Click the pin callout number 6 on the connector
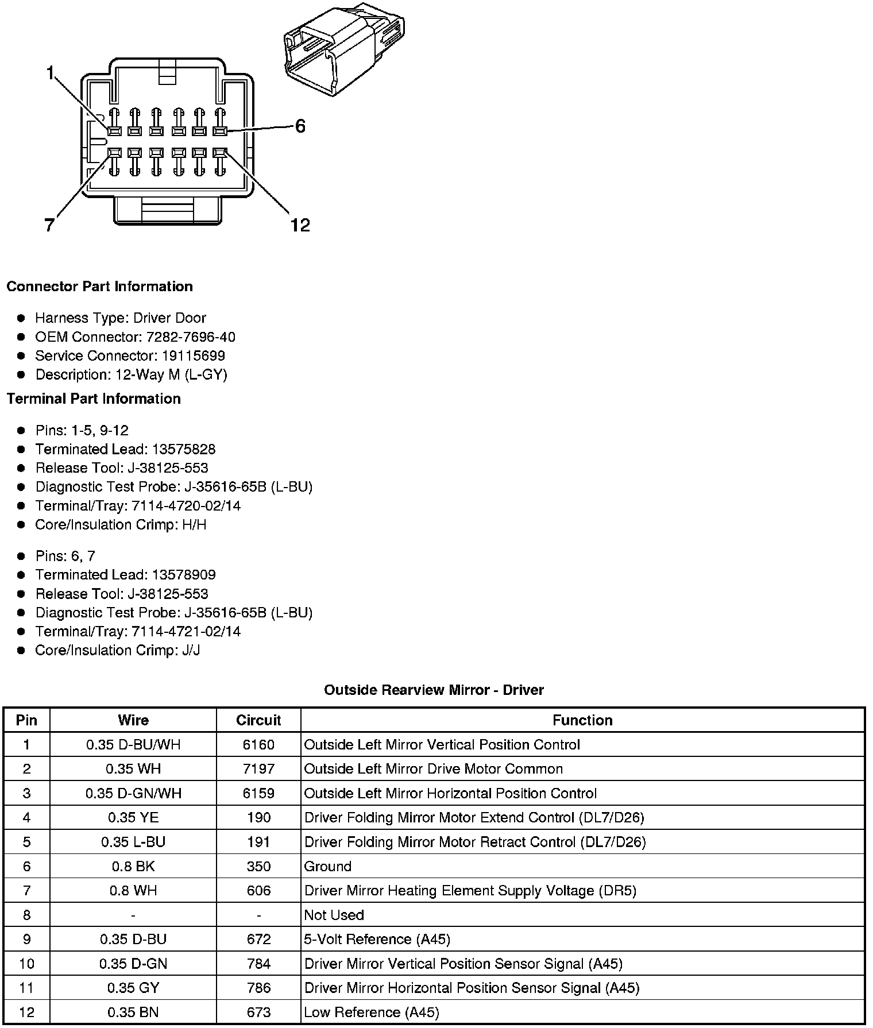coord(300,126)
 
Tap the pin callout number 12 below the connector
coord(300,225)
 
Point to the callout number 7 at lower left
coord(50,225)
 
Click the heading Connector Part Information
coord(99,287)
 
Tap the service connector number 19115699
coord(193,356)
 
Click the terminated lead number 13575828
coord(184,449)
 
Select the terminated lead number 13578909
coord(184,575)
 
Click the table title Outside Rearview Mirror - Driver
coord(434,690)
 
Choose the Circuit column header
coord(258,720)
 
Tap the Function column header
coord(582,720)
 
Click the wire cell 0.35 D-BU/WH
coord(133,745)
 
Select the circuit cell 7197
coord(258,769)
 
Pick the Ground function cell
coord(327,866)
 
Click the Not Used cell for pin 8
coord(334,915)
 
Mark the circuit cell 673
coord(258,1012)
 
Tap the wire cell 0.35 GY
coord(133,988)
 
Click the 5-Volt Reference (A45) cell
coord(377,939)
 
